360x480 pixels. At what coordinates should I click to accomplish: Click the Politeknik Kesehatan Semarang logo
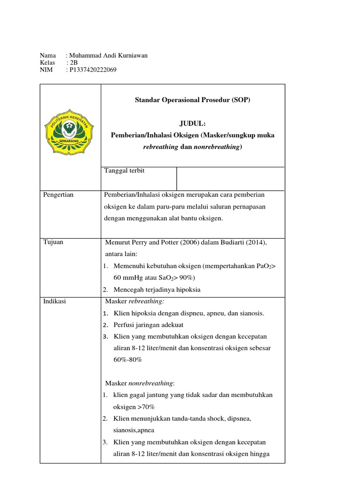tap(69, 127)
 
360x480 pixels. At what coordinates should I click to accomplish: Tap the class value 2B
tap(74, 63)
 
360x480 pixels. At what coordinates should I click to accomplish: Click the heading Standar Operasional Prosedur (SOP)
tap(193, 100)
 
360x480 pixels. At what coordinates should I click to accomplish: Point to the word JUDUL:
tap(193, 123)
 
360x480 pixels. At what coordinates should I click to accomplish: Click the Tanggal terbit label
tap(125, 171)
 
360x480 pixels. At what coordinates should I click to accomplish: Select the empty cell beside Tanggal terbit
tap(230, 179)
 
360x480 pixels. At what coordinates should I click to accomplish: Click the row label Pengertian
tap(58, 195)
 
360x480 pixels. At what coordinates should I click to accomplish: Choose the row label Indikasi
tap(54, 301)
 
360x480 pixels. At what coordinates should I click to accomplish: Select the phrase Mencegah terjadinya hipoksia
tap(157, 290)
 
